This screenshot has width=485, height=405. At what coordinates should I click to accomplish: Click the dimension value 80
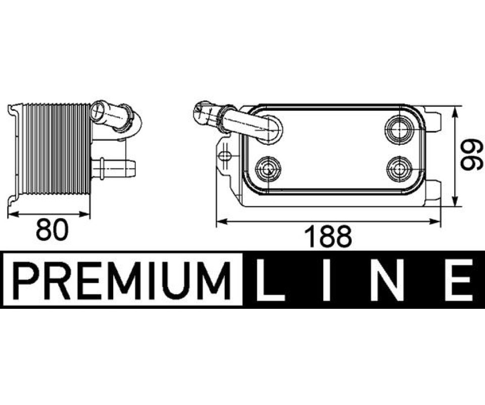coord(52,229)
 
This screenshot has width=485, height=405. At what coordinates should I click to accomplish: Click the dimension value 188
coord(328,236)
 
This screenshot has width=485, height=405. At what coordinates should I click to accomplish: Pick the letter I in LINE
coord(325,280)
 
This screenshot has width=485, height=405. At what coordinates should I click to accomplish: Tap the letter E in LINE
coord(458,280)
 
